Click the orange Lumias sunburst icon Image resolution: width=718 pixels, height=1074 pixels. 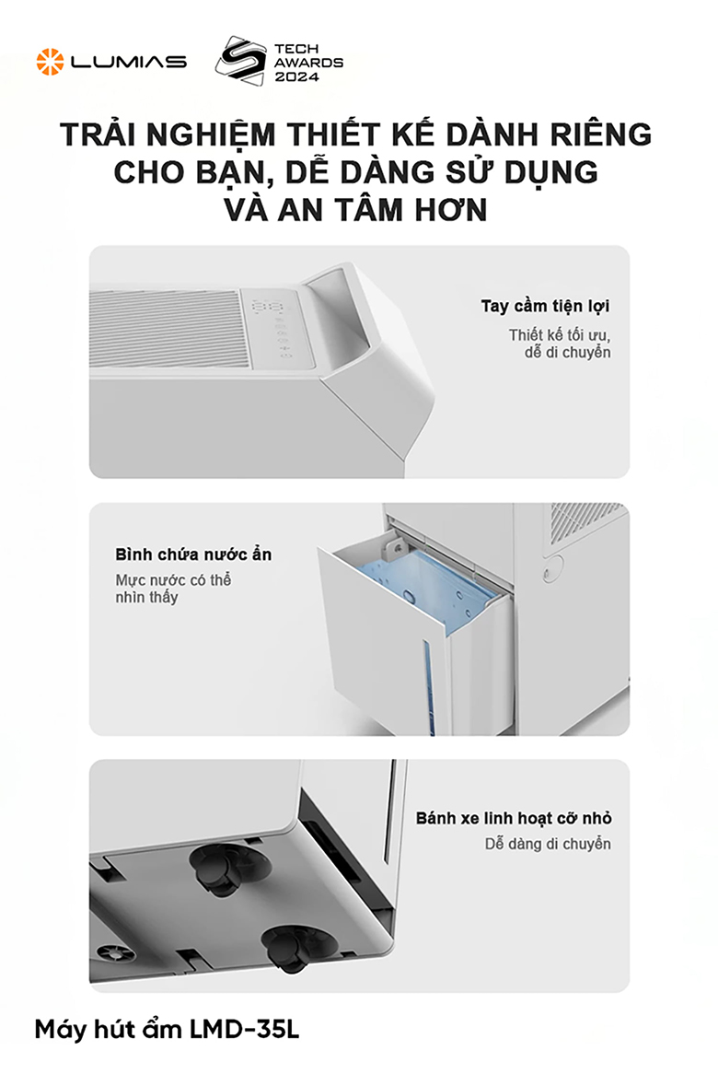pyautogui.click(x=50, y=62)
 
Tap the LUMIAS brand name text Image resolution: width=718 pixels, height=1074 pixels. pyautogui.click(x=129, y=62)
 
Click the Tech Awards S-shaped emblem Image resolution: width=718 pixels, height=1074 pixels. pyautogui.click(x=237, y=61)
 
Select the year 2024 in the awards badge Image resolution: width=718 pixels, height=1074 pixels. pyautogui.click(x=295, y=78)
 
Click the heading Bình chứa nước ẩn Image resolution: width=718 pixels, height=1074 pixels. pyautogui.click(x=193, y=555)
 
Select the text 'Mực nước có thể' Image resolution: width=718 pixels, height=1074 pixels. pyautogui.click(x=173, y=580)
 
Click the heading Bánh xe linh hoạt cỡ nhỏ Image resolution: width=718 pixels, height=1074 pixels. pyautogui.click(x=513, y=818)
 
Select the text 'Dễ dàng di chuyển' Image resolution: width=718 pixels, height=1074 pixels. pyautogui.click(x=547, y=844)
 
